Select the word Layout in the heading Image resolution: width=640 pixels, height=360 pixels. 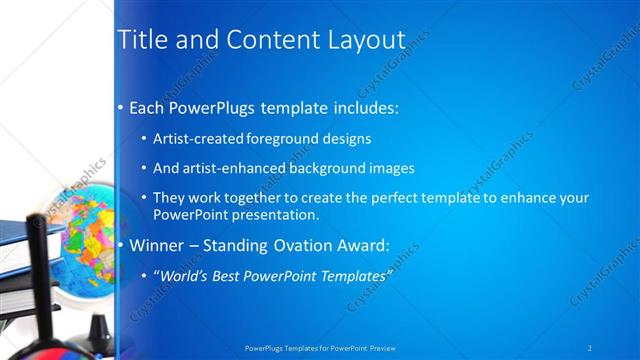[x=368, y=40]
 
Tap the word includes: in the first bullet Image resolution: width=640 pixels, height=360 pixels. [x=359, y=107]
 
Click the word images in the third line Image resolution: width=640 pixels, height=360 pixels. [x=388, y=168]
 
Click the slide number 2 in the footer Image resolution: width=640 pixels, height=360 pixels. [x=590, y=347]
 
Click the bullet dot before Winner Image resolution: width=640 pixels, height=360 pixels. [x=121, y=245]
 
